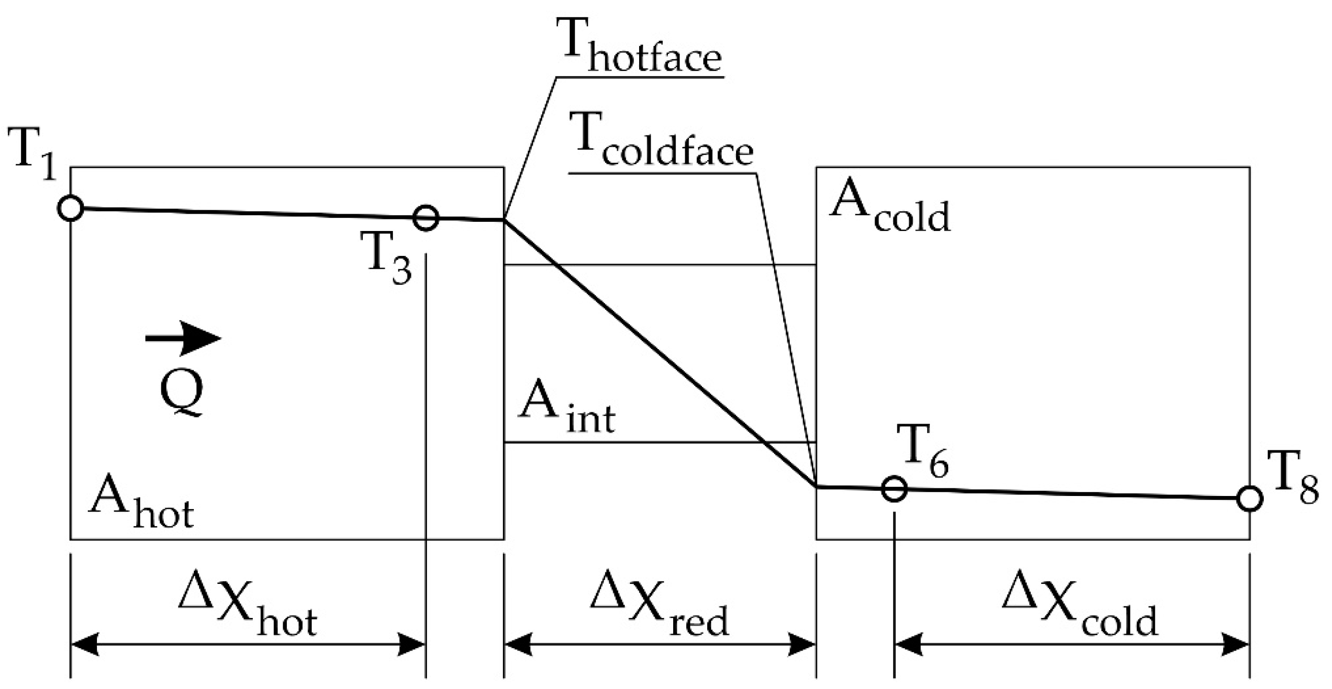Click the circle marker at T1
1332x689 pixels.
pyautogui.click(x=71, y=209)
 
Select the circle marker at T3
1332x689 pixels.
pyautogui.click(x=426, y=218)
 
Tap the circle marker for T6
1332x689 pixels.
pyautogui.click(x=894, y=488)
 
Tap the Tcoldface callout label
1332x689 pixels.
pyautogui.click(x=661, y=140)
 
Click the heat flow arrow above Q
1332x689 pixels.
pyautogui.click(x=184, y=339)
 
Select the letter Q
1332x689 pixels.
pyautogui.click(x=181, y=394)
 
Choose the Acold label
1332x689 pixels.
pyautogui.click(x=890, y=206)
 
